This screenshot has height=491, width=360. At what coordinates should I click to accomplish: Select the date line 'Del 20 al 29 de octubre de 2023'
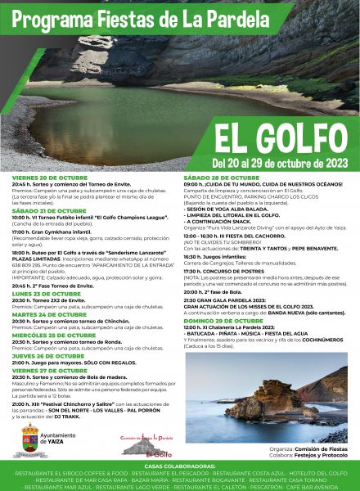click(279, 162)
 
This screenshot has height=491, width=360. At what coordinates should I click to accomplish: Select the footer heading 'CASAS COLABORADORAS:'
click(180, 465)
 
